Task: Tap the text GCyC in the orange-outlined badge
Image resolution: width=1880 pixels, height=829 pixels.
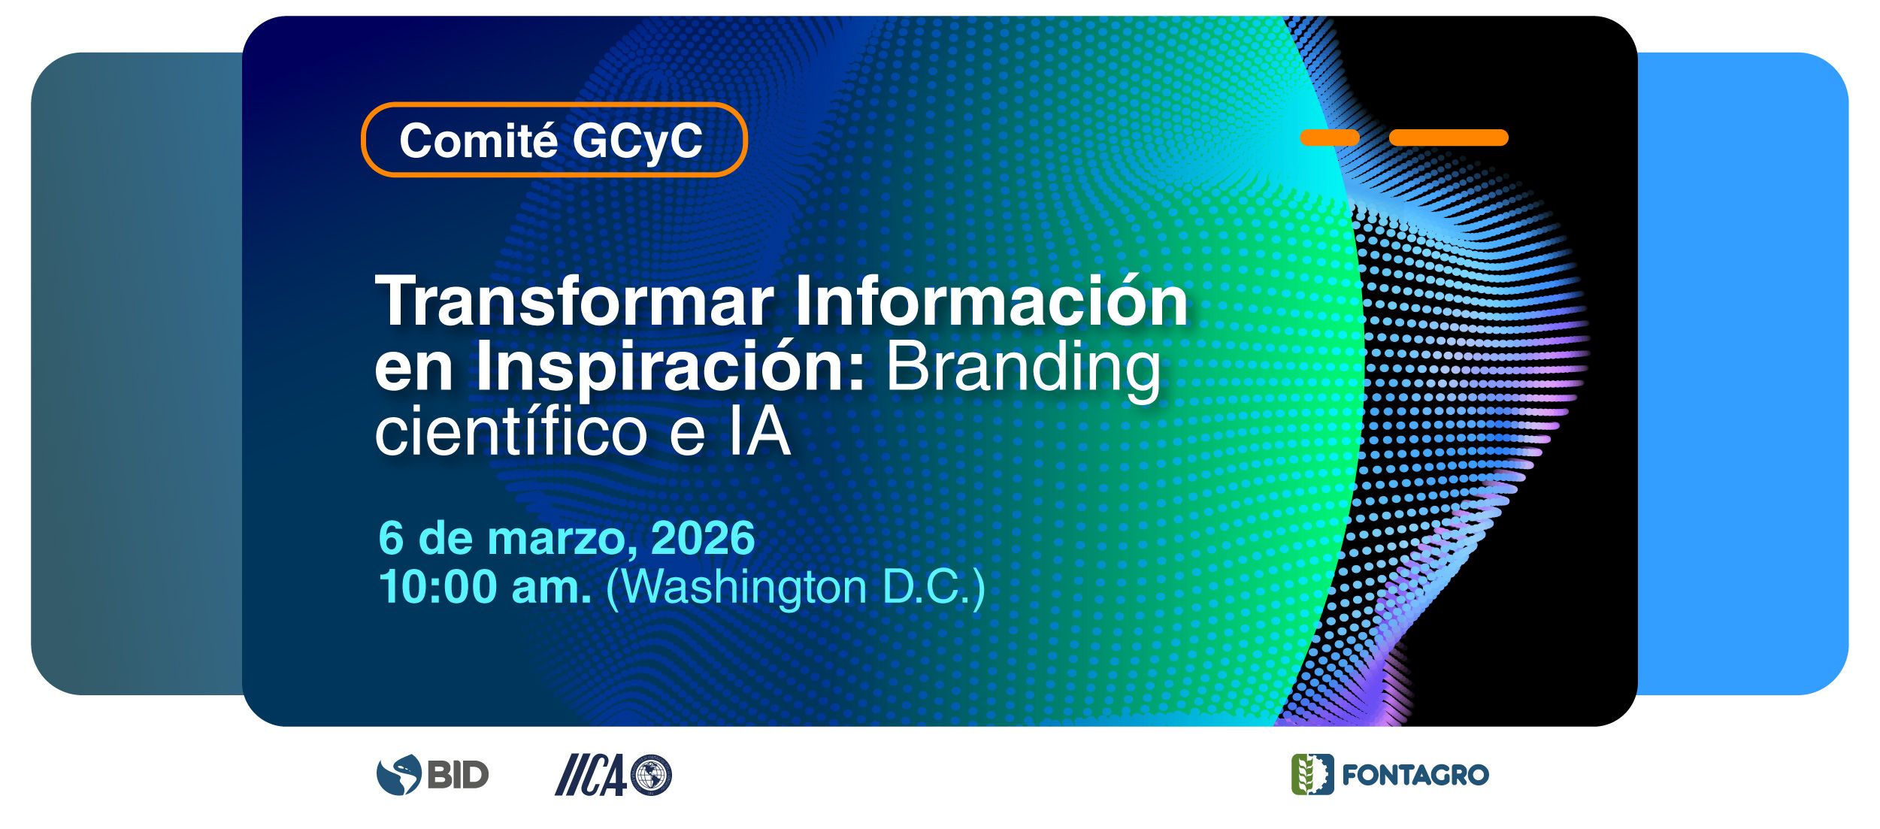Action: pyautogui.click(x=637, y=141)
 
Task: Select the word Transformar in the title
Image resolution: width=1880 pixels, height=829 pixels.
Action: pyautogui.click(x=574, y=301)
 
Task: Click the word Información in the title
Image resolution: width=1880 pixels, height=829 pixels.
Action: pyautogui.click(x=991, y=299)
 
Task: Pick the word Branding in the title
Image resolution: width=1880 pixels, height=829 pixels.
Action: pyautogui.click(x=1024, y=368)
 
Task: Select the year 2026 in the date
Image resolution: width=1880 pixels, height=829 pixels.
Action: pyautogui.click(x=703, y=538)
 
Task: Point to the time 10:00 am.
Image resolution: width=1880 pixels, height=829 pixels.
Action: pyautogui.click(x=485, y=587)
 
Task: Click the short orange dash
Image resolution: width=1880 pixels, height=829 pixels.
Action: pyautogui.click(x=1330, y=138)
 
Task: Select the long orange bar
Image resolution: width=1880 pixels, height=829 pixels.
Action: pyautogui.click(x=1449, y=138)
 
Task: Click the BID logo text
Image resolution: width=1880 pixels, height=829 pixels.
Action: pyautogui.click(x=458, y=775)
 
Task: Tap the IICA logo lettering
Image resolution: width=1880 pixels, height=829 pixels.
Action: pyautogui.click(x=591, y=775)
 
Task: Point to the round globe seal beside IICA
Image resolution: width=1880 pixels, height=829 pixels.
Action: pyautogui.click(x=651, y=775)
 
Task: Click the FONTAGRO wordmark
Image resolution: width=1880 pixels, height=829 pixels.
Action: pyautogui.click(x=1415, y=775)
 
